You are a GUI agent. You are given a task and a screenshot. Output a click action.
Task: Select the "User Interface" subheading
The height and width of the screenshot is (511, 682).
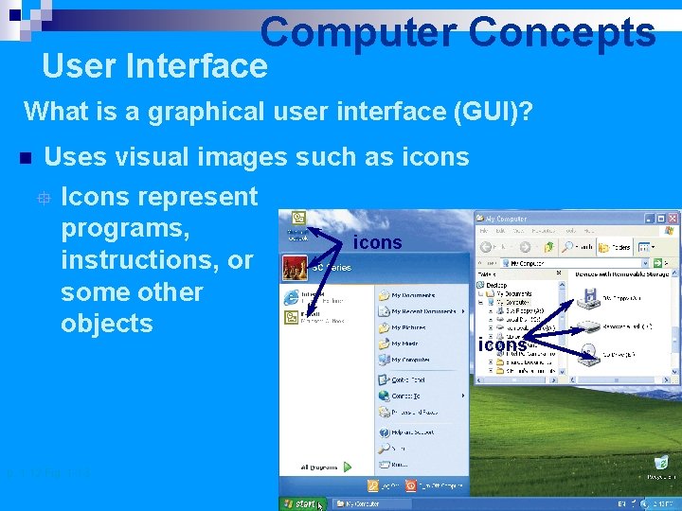pos(155,66)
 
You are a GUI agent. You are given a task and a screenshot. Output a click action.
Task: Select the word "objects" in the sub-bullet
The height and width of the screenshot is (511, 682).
pos(106,323)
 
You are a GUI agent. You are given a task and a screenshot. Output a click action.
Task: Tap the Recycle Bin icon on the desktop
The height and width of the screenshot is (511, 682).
pos(662,464)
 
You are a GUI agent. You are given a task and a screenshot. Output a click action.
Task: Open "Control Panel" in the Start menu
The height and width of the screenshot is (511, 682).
pos(409,379)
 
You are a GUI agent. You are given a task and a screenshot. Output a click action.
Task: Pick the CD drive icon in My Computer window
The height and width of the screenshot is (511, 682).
pos(588,354)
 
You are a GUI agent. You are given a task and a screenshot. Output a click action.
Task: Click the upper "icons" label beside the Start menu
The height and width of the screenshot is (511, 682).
pos(377,243)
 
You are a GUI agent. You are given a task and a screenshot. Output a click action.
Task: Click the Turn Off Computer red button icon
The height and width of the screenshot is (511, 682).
pos(410,485)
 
